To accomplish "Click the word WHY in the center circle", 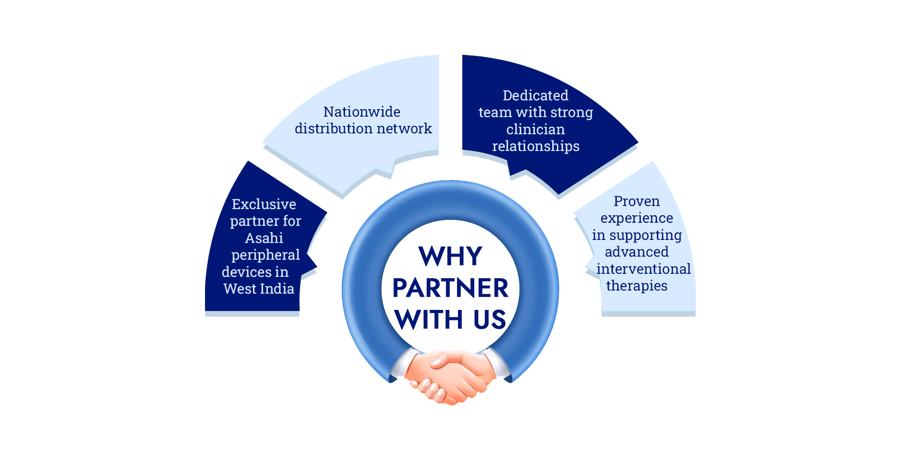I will click(450, 256).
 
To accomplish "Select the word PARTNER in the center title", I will click(450, 288).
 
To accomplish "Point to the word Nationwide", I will click(362, 112).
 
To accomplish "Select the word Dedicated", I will click(535, 96).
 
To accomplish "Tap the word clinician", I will click(535, 129).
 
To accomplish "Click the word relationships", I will click(535, 146).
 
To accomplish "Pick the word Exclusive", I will click(264, 204).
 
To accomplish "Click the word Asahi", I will click(264, 238).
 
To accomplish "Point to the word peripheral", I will click(265, 255).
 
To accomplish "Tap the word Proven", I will click(637, 201).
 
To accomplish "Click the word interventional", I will click(643, 269).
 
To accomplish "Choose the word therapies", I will click(637, 286).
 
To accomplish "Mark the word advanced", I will click(637, 252).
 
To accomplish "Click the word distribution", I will click(331, 129).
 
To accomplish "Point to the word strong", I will click(571, 113).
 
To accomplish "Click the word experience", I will click(637, 218).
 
